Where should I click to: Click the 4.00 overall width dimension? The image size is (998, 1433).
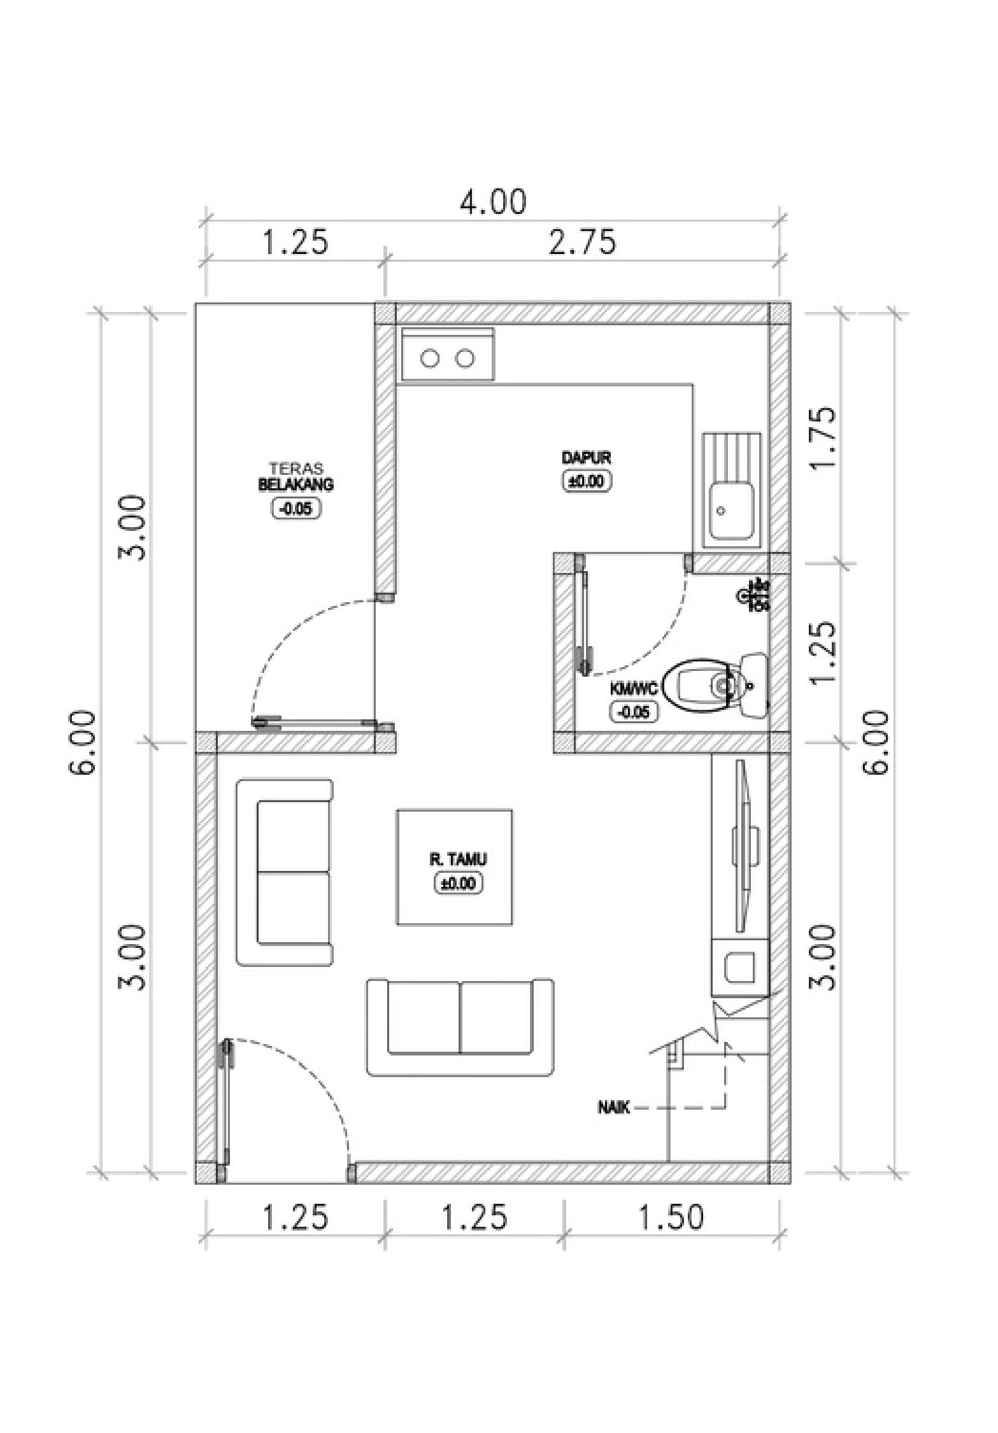(494, 202)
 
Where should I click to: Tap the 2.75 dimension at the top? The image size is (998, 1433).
(583, 243)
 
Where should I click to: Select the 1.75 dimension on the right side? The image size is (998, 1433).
(822, 437)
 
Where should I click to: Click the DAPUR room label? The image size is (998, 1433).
(587, 458)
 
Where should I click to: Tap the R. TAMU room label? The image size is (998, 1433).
(457, 860)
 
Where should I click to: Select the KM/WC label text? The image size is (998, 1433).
(633, 689)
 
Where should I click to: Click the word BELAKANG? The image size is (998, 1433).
(296, 485)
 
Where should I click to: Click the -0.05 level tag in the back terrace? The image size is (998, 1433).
(296, 508)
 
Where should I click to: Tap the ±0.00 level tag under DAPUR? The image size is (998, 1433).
(587, 481)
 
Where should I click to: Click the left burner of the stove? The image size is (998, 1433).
(431, 359)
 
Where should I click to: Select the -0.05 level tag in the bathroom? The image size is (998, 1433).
(633, 712)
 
